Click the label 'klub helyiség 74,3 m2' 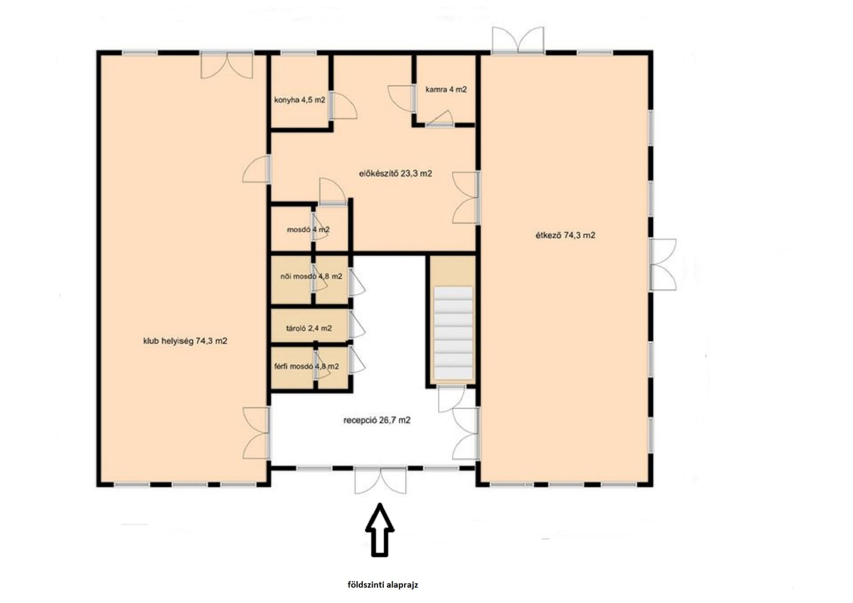point(185,341)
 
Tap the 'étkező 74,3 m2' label point(565,236)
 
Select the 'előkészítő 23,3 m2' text point(395,174)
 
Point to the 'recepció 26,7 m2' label point(377,420)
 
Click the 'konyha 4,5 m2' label point(299,100)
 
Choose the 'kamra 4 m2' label point(446,89)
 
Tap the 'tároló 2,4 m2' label point(309,328)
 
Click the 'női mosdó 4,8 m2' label point(311,276)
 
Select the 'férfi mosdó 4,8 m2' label point(307,367)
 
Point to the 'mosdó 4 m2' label point(308,230)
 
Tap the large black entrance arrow point(380,530)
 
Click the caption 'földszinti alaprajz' point(383,585)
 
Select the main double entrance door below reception point(380,480)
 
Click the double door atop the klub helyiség point(227,65)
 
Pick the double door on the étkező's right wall point(663,265)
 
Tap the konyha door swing point(343,106)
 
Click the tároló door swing point(357,324)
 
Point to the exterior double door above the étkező point(518,40)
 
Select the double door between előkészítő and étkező point(465,198)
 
